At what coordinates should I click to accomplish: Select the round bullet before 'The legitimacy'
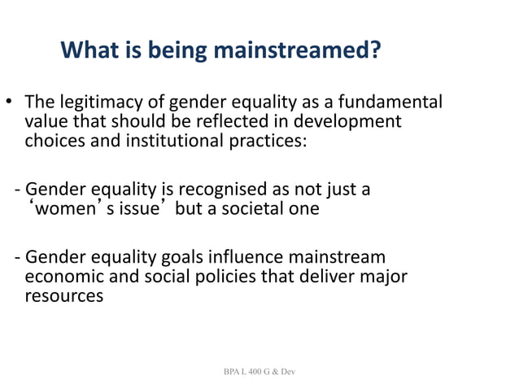11,103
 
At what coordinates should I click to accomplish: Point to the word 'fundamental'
395,103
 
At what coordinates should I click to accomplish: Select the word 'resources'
64,295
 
